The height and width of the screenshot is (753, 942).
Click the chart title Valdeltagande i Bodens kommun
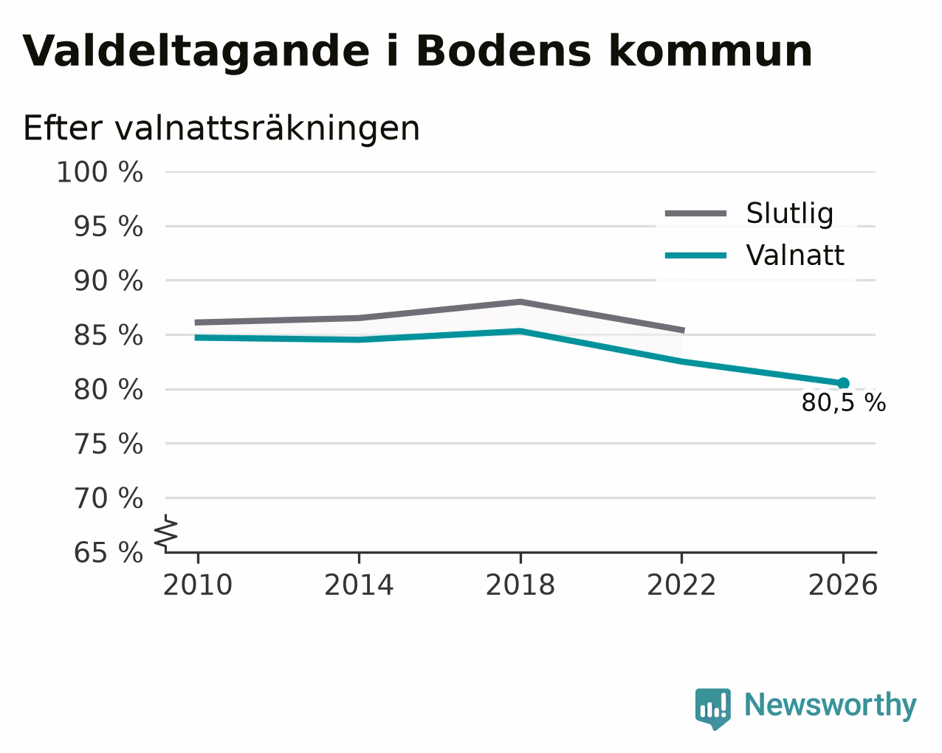tap(417, 52)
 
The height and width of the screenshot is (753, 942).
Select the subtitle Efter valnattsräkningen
tap(221, 128)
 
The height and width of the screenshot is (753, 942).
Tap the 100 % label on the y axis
tap(100, 172)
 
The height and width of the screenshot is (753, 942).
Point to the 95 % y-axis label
tap(108, 227)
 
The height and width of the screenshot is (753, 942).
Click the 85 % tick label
tap(108, 335)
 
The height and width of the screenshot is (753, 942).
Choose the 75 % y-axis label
tap(108, 444)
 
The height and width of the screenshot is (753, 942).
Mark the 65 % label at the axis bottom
tap(108, 552)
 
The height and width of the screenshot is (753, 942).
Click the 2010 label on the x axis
tap(198, 585)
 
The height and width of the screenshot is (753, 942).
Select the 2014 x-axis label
tap(359, 585)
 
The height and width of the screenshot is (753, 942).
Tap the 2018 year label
tap(520, 585)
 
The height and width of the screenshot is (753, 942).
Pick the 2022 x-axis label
tap(681, 585)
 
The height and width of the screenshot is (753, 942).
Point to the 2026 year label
tap(843, 585)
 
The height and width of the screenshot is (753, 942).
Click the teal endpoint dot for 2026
tap(843, 383)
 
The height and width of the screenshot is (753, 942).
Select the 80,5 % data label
tap(844, 403)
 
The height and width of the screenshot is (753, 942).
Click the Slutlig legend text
tap(790, 213)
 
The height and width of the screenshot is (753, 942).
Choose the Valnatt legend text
tap(795, 255)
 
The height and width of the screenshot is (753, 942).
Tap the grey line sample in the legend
tap(696, 213)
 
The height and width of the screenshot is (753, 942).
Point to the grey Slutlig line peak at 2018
tap(520, 302)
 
